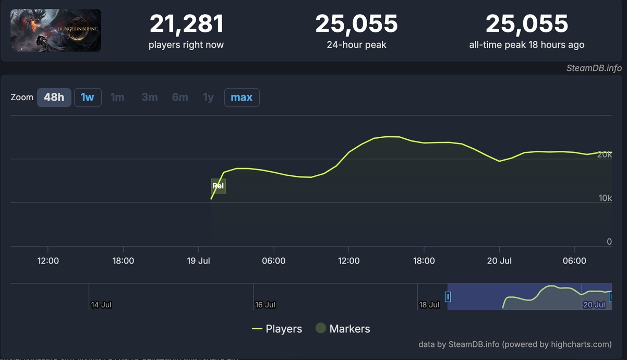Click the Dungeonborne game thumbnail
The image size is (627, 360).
[56, 30]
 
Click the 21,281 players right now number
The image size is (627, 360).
[186, 24]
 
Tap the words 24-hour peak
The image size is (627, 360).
[356, 45]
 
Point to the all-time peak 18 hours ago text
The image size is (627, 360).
[526, 45]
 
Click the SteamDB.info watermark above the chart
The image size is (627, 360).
[594, 68]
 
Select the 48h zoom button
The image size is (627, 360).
[54, 98]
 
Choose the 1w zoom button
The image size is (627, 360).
[88, 98]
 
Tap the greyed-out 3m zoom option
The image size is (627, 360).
[149, 98]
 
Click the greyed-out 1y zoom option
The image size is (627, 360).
[208, 98]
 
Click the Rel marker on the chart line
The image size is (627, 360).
[218, 186]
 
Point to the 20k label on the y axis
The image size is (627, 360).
[605, 154]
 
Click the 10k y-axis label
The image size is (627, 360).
[605, 198]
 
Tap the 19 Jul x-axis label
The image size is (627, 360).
[198, 261]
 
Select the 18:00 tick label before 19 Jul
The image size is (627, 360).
[123, 261]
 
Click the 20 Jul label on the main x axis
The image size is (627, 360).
[499, 261]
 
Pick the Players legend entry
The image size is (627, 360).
[277, 329]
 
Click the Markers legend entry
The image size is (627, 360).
[343, 329]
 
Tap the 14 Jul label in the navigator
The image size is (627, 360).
[101, 305]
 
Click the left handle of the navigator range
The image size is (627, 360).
[448, 297]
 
